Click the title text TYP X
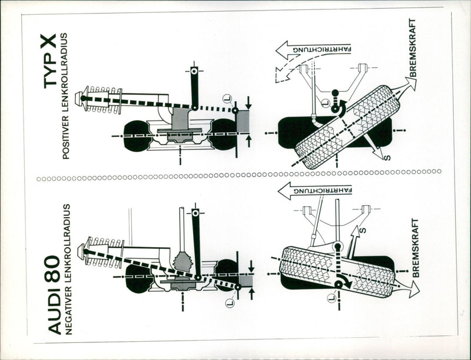click(x=51, y=61)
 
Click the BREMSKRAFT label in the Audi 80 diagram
click(x=416, y=247)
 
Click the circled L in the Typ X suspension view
click(x=226, y=98)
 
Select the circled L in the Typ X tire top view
click(x=325, y=104)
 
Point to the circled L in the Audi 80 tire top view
click(x=331, y=298)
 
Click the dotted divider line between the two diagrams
click(x=235, y=174)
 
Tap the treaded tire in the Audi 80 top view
click(x=336, y=271)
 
